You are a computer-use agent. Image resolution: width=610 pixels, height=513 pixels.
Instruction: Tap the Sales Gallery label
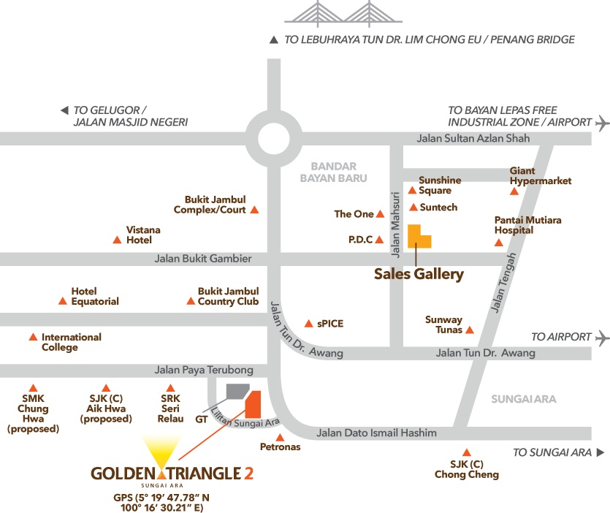419,275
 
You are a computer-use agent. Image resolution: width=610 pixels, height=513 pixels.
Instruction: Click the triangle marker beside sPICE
308,323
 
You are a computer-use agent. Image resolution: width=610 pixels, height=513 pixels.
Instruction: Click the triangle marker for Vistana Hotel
117,240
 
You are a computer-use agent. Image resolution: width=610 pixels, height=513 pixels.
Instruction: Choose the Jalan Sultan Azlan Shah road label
473,138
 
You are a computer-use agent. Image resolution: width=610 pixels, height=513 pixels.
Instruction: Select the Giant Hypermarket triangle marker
514,192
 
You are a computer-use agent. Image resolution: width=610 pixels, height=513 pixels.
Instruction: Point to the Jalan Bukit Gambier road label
203,259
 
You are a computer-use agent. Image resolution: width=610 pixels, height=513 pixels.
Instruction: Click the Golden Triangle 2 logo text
172,474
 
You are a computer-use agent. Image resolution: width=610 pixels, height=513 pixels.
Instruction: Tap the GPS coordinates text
172,501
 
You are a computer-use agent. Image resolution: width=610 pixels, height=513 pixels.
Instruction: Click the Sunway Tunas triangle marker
470,330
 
